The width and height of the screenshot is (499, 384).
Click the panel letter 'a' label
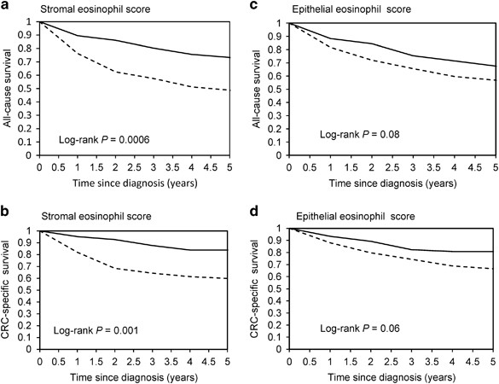coord(5,7)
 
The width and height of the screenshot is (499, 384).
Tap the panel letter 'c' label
coord(258,7)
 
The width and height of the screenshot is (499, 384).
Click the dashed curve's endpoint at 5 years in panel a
coord(234,90)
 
